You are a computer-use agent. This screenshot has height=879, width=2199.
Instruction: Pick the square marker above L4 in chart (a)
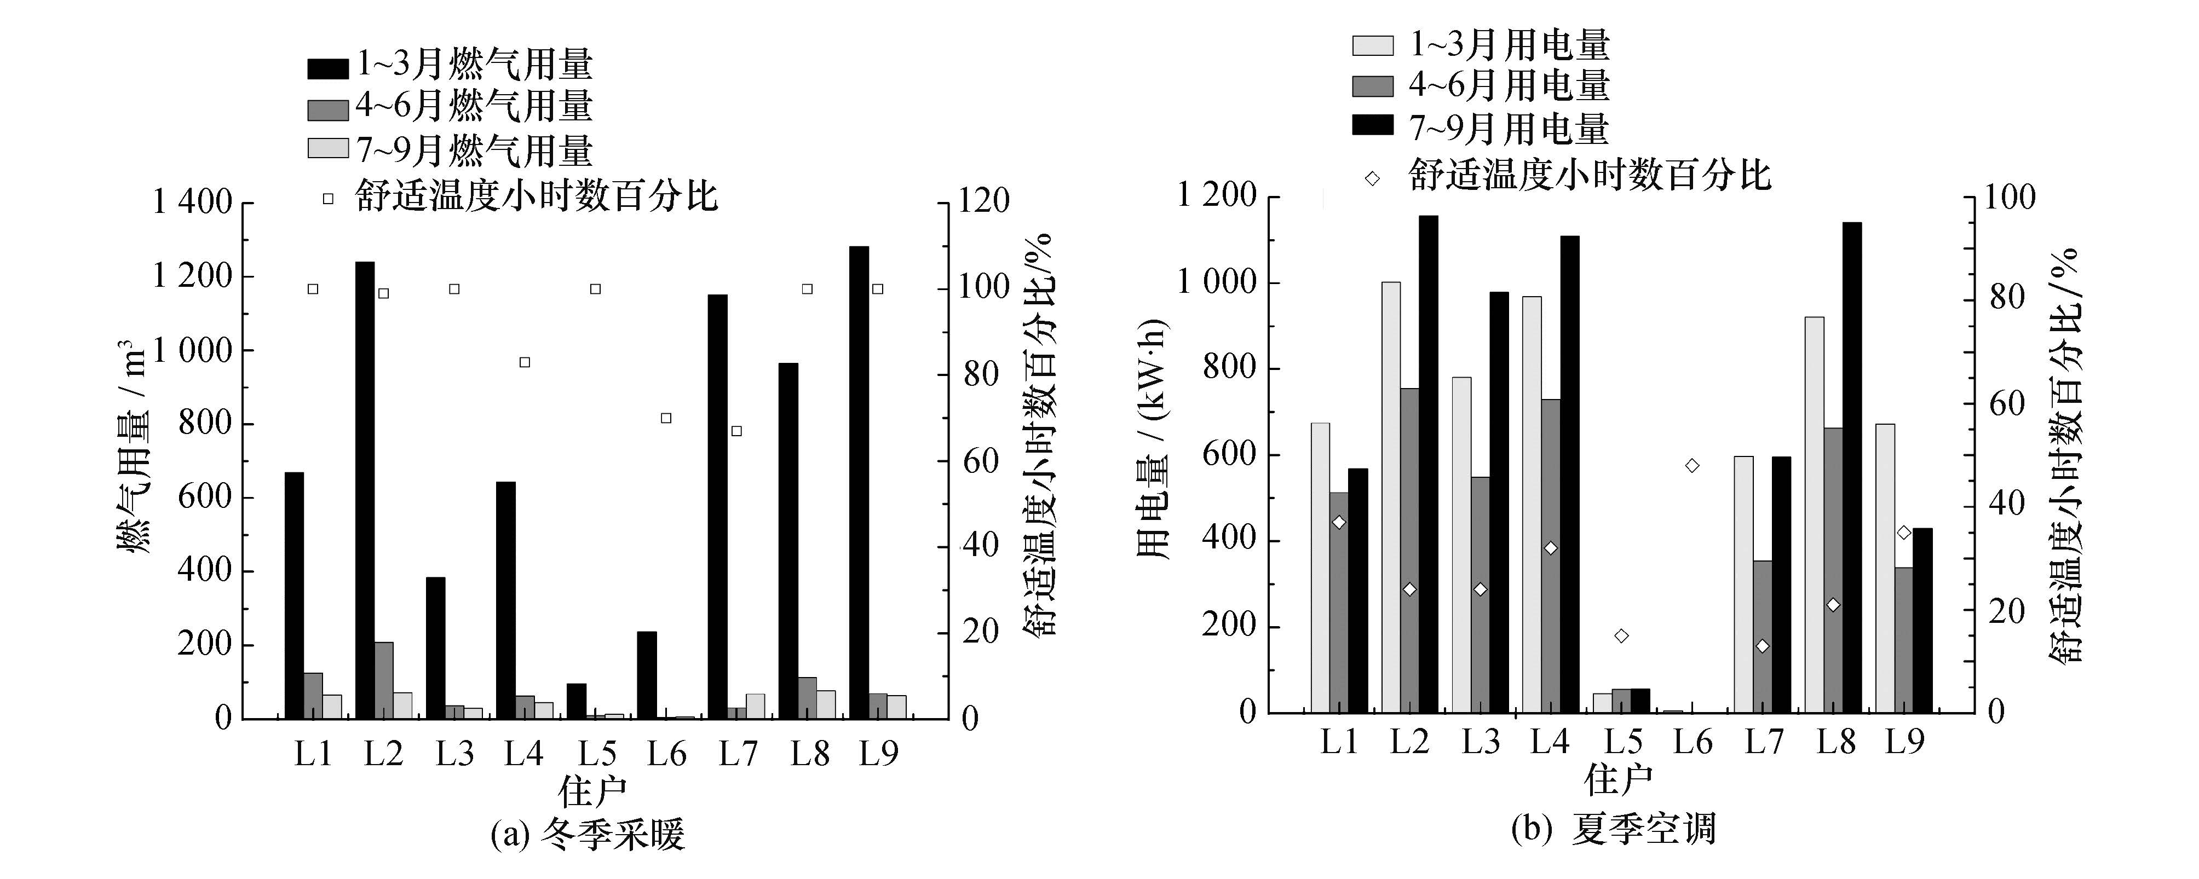click(525, 362)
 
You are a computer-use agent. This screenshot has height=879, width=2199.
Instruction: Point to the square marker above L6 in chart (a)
click(666, 418)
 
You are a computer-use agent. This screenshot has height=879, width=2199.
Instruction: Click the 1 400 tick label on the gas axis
click(192, 203)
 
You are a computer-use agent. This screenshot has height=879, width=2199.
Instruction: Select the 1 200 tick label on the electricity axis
click(1217, 196)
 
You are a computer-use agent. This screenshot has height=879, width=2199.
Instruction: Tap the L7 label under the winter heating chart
click(738, 754)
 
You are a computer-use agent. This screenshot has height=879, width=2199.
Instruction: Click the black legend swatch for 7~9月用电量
click(1373, 125)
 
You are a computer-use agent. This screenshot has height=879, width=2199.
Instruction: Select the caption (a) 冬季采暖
click(588, 835)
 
